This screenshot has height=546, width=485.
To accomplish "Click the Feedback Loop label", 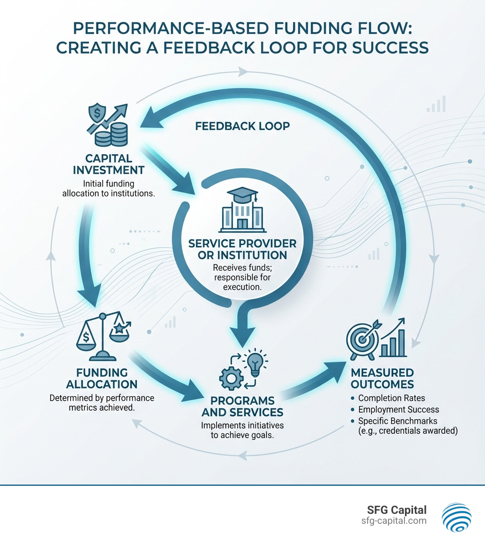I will coord(242,126).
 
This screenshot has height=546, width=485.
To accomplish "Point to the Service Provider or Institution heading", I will coord(242,249).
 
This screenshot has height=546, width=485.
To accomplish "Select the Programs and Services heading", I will coord(242,405).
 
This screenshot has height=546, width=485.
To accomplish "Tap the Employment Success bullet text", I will coord(398,409).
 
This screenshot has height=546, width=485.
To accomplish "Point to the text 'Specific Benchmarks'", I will coord(398,421).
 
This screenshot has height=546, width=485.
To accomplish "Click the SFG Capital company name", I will coord(397,510).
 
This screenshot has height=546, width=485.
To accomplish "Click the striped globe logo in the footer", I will coord(456,517).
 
